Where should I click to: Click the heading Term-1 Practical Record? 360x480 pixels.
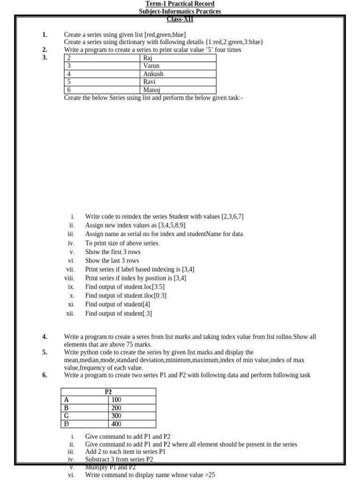pyautogui.click(x=180, y=4)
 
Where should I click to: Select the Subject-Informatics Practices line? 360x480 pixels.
pyautogui.click(x=180, y=11)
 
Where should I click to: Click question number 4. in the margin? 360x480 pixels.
pyautogui.click(x=45, y=337)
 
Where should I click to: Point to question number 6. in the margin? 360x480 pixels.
pyautogui.click(x=45, y=375)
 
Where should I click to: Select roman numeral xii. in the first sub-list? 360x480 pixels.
pyautogui.click(x=70, y=314)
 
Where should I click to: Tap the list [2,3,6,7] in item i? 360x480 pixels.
pyautogui.click(x=232, y=217)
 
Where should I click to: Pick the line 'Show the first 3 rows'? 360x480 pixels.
pyautogui.click(x=112, y=252)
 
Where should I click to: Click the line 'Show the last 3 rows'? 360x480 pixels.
pyautogui.click(x=112, y=261)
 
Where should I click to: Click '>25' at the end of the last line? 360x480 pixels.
pyautogui.click(x=210, y=475)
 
